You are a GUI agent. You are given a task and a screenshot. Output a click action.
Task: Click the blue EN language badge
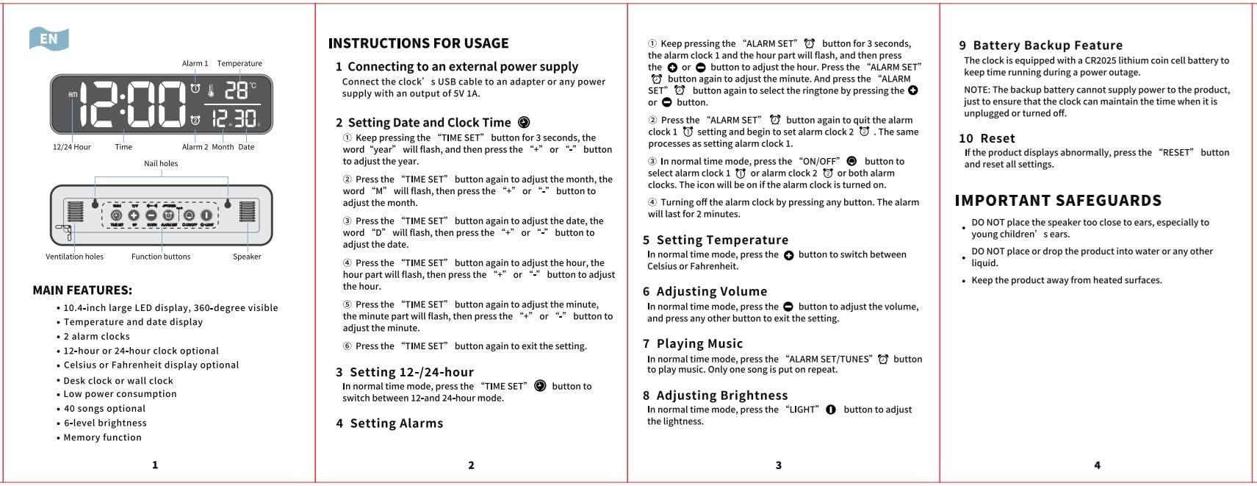point(48,39)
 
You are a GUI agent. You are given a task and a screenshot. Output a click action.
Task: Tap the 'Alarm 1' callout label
point(195,64)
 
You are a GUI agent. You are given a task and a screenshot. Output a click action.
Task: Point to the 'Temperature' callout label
point(239,64)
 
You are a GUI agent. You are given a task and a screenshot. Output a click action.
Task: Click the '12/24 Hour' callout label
point(72,147)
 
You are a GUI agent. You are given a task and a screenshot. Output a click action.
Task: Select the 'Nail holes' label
point(161,164)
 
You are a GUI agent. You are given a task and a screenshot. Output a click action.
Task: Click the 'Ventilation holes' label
point(74,257)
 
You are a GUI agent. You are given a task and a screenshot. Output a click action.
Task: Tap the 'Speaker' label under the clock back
point(247,257)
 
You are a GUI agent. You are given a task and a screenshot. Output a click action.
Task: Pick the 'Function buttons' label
point(161,257)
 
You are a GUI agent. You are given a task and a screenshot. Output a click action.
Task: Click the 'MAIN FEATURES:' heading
point(82,290)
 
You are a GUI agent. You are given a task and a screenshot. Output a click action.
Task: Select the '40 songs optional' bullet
point(104,409)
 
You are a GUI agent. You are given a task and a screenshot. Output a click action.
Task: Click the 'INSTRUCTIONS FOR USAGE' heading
point(418,44)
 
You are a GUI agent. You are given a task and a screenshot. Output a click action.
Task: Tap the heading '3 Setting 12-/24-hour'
point(405,372)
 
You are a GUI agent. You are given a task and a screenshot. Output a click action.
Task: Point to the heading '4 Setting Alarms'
point(389,424)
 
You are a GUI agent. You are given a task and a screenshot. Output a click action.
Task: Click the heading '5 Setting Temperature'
point(716,240)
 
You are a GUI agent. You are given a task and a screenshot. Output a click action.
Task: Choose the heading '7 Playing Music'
point(693,343)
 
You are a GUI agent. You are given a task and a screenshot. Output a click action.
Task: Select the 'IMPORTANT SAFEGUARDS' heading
point(1058,201)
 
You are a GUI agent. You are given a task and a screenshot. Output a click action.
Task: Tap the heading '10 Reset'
point(987,138)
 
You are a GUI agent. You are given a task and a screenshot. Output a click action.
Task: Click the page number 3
point(779,465)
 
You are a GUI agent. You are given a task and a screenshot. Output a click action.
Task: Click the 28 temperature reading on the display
point(237,90)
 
